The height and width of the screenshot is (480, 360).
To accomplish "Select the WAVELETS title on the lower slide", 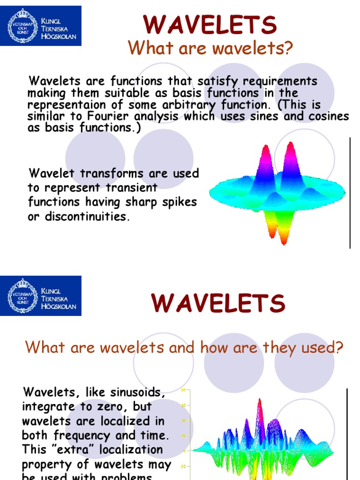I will (218, 303).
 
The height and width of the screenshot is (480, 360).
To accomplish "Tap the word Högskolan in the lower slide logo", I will (60, 307).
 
